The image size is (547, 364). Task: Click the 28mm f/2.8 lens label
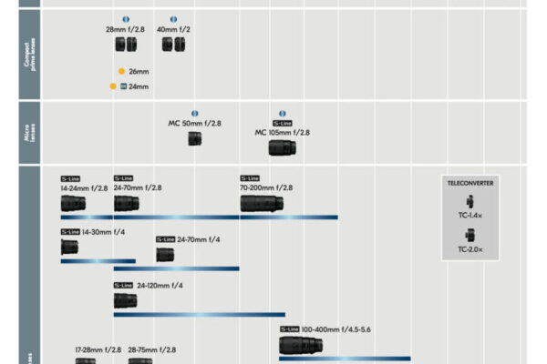click(x=125, y=29)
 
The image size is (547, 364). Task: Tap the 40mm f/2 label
click(x=172, y=29)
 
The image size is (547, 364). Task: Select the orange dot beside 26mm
click(x=121, y=70)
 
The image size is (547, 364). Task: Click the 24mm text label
click(x=139, y=86)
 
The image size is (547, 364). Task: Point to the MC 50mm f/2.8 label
click(x=194, y=123)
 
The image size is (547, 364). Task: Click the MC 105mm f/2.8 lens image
click(x=282, y=147)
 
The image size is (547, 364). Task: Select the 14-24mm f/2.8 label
click(x=85, y=188)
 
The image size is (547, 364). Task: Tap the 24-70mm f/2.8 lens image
click(x=126, y=203)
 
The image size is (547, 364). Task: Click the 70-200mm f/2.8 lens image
click(x=262, y=203)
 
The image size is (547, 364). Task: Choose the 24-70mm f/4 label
click(x=198, y=239)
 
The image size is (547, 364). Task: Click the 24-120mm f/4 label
click(x=160, y=285)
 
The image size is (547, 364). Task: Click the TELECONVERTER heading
click(x=470, y=183)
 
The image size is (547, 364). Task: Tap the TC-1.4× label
click(x=470, y=216)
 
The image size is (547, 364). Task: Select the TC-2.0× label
click(x=470, y=248)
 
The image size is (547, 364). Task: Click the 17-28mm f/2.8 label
click(x=98, y=349)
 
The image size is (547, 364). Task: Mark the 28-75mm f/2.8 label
click(x=152, y=349)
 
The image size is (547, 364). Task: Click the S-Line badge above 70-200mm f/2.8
click(x=250, y=178)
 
